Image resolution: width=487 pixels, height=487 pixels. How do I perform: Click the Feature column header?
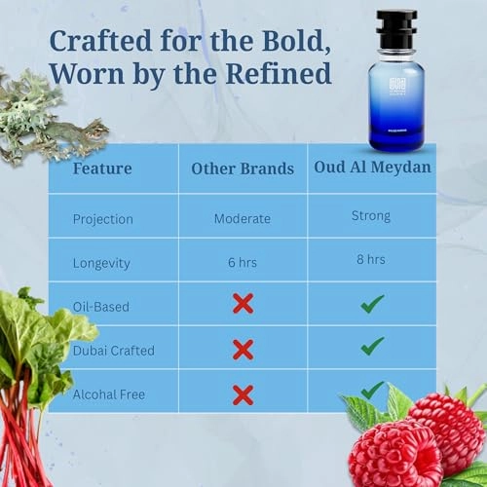[x=104, y=168]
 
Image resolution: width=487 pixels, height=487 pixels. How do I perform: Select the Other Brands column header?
[x=243, y=169]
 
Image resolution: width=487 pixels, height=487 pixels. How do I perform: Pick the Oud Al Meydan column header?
[x=372, y=168]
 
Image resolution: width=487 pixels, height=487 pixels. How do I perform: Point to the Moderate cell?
[x=243, y=218]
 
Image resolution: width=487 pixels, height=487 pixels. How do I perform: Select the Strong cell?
[x=372, y=216]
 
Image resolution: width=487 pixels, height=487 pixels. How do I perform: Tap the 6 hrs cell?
[x=243, y=262]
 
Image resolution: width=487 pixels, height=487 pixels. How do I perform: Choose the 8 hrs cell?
[x=372, y=260]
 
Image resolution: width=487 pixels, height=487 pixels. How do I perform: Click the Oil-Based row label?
[x=101, y=306]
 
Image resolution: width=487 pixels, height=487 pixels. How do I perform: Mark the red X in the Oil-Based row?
[x=243, y=304]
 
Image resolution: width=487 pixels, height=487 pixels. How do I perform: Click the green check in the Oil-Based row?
[x=372, y=304]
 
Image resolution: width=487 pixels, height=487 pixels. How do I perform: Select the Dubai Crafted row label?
[x=113, y=351]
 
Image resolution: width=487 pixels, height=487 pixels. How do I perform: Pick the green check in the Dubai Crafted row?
[x=372, y=347]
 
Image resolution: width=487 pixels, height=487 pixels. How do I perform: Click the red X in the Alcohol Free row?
[x=243, y=393]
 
